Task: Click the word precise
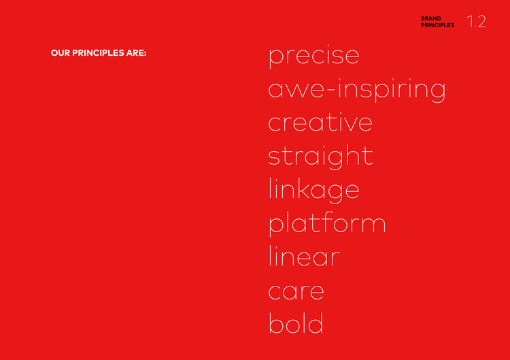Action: click(314, 56)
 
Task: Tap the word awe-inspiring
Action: click(357, 90)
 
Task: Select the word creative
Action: click(320, 122)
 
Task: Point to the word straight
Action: click(320, 157)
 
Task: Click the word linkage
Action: click(314, 191)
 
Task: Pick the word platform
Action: click(327, 224)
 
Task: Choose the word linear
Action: click(304, 256)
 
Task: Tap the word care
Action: click(296, 291)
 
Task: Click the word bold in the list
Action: click(296, 323)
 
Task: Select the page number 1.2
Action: click(476, 22)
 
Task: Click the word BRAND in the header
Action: click(431, 18)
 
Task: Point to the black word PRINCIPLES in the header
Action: click(437, 25)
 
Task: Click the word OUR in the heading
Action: click(61, 52)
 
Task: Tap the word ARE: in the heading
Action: click(136, 52)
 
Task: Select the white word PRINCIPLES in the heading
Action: click(98, 52)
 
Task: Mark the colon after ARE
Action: click(145, 53)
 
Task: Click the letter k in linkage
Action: click(303, 189)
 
